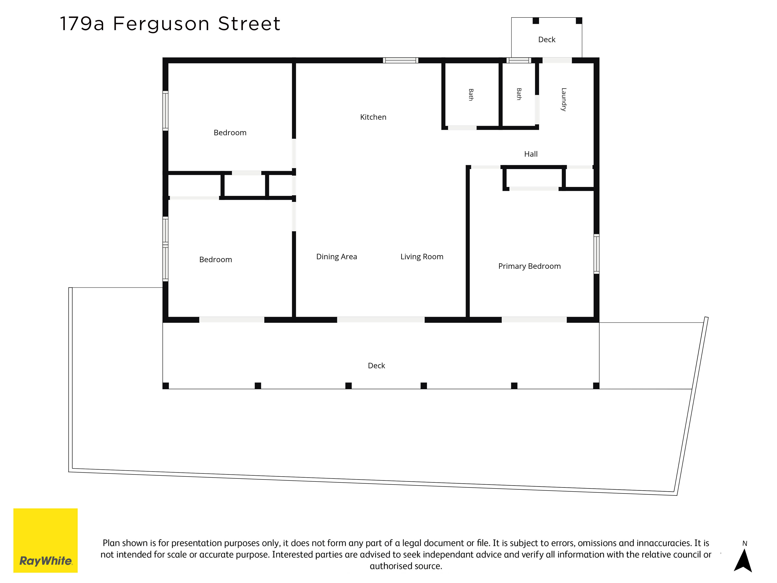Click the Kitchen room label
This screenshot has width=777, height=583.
tap(373, 117)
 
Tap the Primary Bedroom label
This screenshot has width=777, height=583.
tap(529, 266)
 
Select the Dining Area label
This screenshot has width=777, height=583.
tap(336, 257)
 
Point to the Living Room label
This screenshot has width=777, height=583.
tap(422, 257)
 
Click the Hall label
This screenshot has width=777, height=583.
tap(531, 154)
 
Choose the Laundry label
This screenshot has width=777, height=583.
tap(564, 99)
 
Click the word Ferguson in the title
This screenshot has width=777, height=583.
tap(161, 24)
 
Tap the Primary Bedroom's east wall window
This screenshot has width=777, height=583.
tap(597, 254)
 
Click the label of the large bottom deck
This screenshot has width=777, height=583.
tap(376, 366)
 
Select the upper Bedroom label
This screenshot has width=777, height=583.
tap(230, 133)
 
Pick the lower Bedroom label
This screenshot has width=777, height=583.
tap(216, 259)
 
